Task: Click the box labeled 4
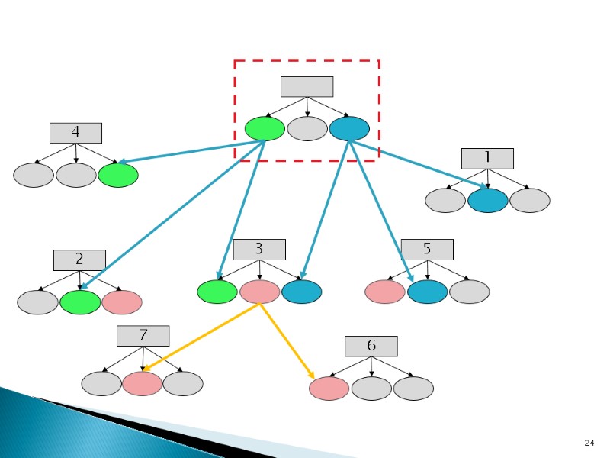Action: tap(75, 133)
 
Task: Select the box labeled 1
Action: tap(487, 158)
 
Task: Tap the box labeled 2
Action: tap(79, 260)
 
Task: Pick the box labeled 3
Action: tap(259, 249)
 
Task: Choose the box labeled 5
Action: tap(427, 249)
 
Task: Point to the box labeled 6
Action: tap(371, 346)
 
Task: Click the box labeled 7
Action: tap(143, 336)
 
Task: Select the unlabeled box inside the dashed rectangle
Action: tap(307, 86)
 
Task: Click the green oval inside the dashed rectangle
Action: tap(265, 129)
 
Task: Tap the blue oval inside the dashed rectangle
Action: tap(349, 129)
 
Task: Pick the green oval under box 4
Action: tap(118, 176)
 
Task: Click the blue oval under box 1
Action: tap(487, 201)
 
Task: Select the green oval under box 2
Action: tap(80, 302)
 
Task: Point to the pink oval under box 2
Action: tap(122, 302)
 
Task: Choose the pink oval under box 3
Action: tap(259, 292)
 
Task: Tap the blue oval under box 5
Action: tap(427, 292)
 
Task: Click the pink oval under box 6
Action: tap(329, 389)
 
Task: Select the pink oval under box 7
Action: tap(143, 383)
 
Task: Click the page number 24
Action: tap(588, 443)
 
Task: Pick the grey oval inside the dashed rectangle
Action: tap(307, 129)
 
